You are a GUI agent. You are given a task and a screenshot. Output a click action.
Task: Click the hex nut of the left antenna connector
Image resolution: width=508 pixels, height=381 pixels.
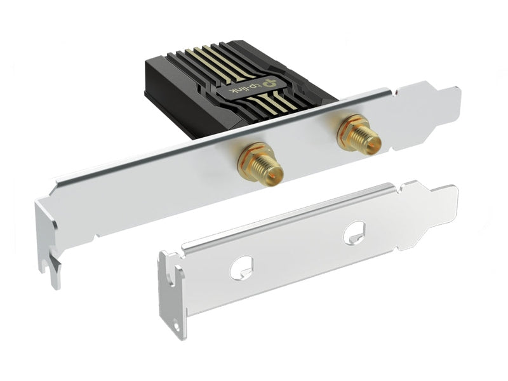(x=250, y=161)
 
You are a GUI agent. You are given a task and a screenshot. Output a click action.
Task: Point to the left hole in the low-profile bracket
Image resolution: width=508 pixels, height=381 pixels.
(x=241, y=268)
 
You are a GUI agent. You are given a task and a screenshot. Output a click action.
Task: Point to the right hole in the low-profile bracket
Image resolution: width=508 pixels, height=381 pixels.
(x=354, y=232)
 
